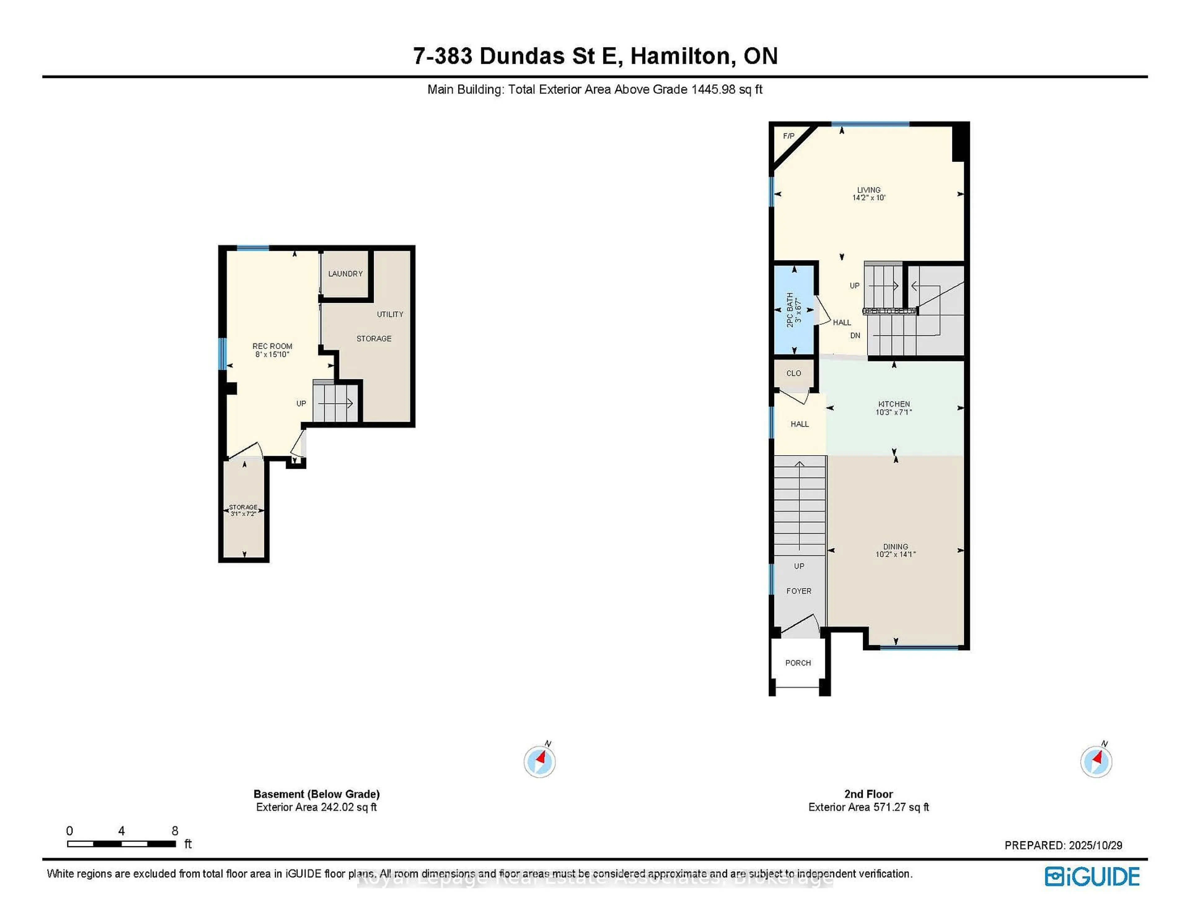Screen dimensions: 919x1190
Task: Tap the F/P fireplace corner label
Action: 788,136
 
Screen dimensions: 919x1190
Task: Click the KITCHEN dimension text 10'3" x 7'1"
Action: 894,412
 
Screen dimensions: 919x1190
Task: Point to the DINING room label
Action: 895,546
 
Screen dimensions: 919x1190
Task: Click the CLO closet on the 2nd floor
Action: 793,373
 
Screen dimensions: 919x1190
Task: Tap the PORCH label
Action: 798,663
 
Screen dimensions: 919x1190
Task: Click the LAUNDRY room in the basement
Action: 345,274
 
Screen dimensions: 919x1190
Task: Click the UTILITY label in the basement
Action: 390,314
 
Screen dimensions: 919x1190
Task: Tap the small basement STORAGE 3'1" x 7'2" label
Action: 243,510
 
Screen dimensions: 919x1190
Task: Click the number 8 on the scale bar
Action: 174,831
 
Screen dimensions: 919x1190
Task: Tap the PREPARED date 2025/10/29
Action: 1095,846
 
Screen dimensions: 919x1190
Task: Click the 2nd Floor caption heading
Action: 869,794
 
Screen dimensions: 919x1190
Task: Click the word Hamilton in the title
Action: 680,56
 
